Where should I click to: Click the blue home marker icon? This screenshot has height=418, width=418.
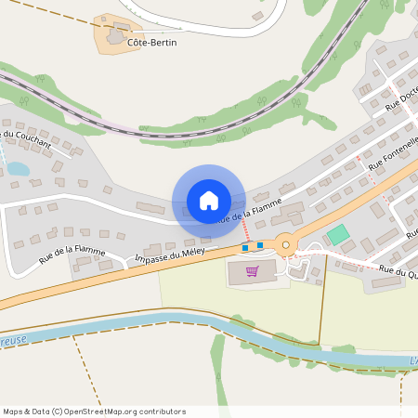click(x=208, y=200)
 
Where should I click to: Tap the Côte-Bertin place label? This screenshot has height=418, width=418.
click(x=152, y=43)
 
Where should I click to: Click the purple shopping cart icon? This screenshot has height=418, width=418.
click(x=251, y=271)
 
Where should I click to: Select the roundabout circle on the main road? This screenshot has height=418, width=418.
click(x=285, y=245)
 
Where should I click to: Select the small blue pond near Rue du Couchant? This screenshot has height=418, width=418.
click(x=17, y=169)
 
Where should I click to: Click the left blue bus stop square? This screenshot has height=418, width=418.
click(x=245, y=247)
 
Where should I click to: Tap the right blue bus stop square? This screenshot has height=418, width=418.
click(x=260, y=245)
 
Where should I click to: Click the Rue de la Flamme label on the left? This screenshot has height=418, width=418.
click(x=72, y=252)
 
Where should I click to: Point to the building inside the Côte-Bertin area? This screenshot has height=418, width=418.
click(x=116, y=36)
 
